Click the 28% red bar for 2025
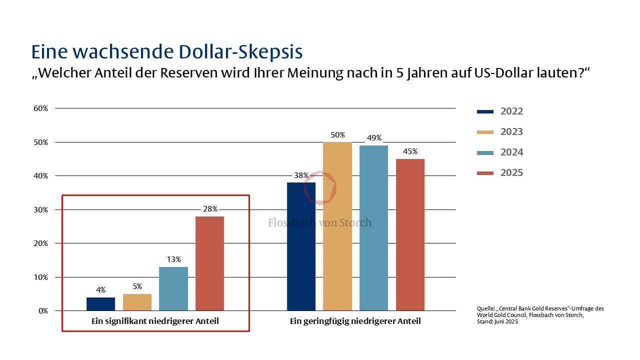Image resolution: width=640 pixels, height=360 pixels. click(x=209, y=263)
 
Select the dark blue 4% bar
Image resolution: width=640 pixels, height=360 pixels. click(x=100, y=304)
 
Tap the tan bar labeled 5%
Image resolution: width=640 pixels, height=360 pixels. click(x=137, y=302)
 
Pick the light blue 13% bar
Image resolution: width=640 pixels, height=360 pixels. click(x=173, y=288)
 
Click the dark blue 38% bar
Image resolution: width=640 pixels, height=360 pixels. click(x=301, y=246)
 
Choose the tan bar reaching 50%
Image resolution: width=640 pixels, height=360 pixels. click(x=337, y=226)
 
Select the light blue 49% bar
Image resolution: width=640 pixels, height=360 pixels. click(x=373, y=228)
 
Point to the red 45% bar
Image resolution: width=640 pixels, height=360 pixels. click(x=410, y=234)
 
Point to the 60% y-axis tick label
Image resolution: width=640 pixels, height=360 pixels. click(x=40, y=108)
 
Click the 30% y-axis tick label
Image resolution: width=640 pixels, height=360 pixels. click(x=40, y=210)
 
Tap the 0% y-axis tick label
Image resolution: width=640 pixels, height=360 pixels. click(x=42, y=311)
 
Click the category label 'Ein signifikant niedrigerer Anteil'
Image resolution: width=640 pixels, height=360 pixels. click(x=155, y=321)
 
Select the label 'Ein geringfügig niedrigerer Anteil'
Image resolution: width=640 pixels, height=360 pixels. click(x=355, y=321)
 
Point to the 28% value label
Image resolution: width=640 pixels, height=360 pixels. click(x=210, y=209)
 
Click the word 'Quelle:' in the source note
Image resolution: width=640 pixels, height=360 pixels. click(x=485, y=309)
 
